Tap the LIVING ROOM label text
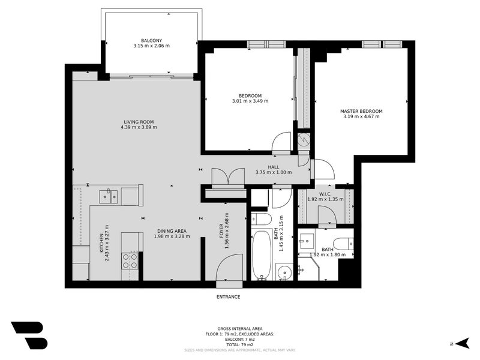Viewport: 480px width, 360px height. (x=139, y=122)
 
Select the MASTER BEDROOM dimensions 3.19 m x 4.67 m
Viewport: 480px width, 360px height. (x=361, y=117)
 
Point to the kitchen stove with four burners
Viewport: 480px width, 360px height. (x=130, y=260)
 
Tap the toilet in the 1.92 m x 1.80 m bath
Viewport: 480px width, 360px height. (x=343, y=244)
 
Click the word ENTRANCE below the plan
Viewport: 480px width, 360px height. (x=229, y=297)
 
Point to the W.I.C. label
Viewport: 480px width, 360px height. (x=325, y=194)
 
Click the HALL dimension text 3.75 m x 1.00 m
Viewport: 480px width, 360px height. (x=274, y=172)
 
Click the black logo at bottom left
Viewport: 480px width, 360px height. (x=28, y=335)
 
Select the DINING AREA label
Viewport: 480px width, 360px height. (x=172, y=230)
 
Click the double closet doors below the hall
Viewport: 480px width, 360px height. (x=229, y=178)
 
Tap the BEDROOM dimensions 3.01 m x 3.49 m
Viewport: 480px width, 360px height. (x=250, y=101)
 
